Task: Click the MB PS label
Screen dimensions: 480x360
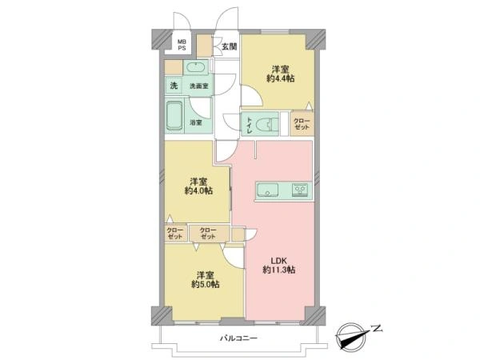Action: click(182, 45)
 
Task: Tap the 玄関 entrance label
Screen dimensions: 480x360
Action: click(229, 46)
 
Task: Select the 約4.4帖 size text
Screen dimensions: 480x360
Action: click(281, 78)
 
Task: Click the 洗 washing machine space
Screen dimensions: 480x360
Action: click(174, 86)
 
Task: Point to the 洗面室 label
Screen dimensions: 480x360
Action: click(198, 86)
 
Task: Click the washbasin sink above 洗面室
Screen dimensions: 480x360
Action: click(196, 68)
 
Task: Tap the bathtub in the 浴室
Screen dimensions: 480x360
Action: click(174, 116)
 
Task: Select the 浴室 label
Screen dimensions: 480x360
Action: click(196, 123)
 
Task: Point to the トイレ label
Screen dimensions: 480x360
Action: click(249, 124)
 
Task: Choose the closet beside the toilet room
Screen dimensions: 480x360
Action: click(302, 123)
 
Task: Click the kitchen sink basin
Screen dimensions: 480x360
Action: click(267, 190)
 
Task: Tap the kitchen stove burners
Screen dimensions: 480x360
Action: click(300, 190)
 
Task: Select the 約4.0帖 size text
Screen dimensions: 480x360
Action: click(198, 190)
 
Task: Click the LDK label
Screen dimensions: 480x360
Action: click(278, 261)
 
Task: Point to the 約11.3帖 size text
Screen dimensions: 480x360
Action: click(278, 270)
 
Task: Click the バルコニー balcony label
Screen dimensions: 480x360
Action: click(238, 338)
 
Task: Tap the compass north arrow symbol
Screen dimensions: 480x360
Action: click(352, 337)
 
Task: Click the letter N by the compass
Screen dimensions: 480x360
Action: click(377, 329)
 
